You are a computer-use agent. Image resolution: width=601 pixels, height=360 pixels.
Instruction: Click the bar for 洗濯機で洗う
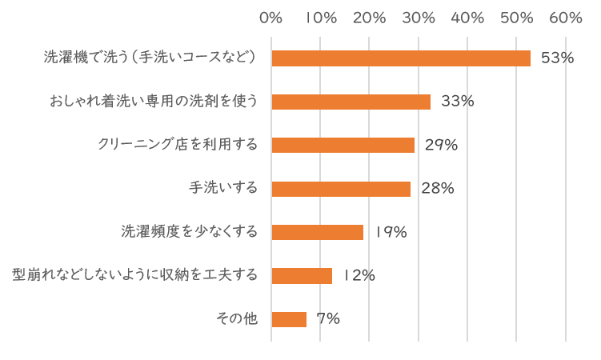(x=401, y=58)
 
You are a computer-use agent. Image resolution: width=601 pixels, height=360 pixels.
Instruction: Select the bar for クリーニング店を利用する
(x=343, y=145)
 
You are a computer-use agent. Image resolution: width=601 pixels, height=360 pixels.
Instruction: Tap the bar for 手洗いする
(x=341, y=189)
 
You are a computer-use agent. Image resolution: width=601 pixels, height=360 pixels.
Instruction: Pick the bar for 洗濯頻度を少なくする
(x=318, y=232)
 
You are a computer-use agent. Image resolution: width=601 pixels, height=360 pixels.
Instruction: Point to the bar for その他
(x=289, y=319)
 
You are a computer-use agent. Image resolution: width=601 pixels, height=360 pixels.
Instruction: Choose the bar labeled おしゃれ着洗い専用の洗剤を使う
(x=351, y=102)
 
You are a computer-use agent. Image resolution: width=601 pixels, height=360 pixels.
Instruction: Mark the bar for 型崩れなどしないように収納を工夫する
(x=302, y=275)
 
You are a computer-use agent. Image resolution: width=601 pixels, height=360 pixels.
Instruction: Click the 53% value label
(x=558, y=58)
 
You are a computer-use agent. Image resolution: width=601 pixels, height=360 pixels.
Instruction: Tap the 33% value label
(x=458, y=102)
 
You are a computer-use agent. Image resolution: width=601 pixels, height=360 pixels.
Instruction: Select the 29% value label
(x=441, y=145)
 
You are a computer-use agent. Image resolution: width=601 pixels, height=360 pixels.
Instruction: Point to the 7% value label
(x=328, y=319)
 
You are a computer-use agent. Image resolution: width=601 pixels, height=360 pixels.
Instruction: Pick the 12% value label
(x=359, y=275)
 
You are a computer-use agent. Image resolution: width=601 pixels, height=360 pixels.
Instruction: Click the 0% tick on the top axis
(x=272, y=18)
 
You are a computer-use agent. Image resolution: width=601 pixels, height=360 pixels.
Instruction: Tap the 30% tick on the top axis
(x=419, y=18)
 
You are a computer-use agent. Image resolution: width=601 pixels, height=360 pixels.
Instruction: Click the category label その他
(x=237, y=319)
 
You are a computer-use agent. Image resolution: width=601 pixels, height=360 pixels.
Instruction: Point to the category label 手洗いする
(x=223, y=189)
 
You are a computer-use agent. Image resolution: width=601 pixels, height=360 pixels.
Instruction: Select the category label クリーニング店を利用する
(x=178, y=145)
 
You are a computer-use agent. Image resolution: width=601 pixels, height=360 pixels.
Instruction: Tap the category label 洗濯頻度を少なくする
(x=190, y=232)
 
